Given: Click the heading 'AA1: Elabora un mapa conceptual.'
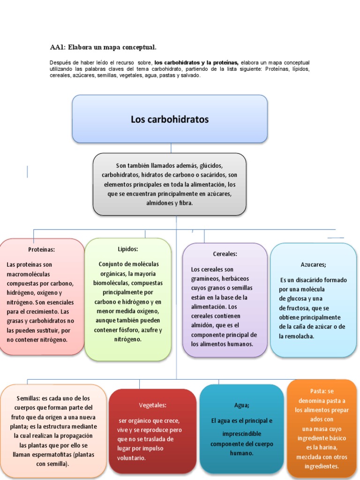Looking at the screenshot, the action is [x=103, y=47].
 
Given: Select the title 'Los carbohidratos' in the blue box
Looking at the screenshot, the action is [x=170, y=119].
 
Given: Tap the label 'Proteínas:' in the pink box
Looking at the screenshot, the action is [x=41, y=250].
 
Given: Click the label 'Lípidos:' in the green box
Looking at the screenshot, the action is [x=128, y=249].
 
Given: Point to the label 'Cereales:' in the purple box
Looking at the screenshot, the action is [x=225, y=254].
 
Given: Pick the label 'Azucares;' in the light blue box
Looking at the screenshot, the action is [x=314, y=264].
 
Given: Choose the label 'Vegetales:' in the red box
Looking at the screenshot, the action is [x=152, y=405].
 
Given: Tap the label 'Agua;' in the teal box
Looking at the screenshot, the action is [x=242, y=405].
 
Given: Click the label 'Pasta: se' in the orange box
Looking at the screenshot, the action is [x=322, y=391].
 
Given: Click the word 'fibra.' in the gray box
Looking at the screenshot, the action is [x=185, y=203].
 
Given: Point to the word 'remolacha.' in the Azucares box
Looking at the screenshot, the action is [x=297, y=336].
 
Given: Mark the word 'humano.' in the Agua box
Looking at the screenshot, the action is [x=242, y=453].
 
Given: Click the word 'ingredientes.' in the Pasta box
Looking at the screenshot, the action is [x=322, y=466].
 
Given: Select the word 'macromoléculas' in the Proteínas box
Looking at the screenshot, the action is [x=28, y=274].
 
